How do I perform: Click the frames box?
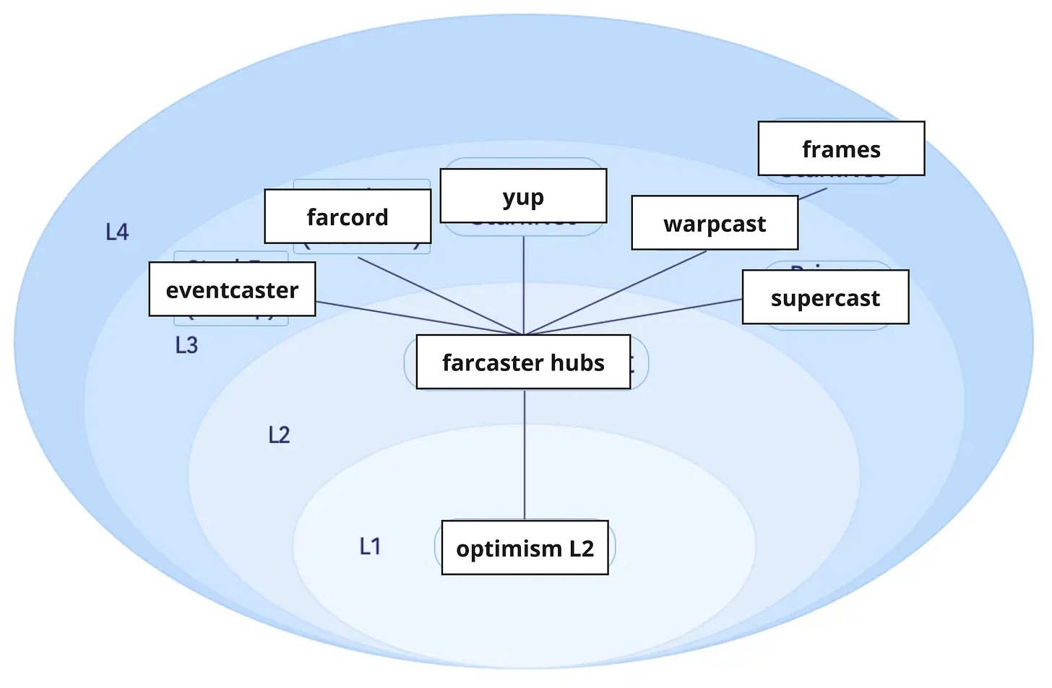click(x=841, y=149)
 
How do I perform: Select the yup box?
click(x=523, y=196)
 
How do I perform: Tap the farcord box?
click(x=348, y=217)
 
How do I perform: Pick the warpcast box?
click(x=715, y=223)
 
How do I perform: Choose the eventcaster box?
click(x=232, y=289)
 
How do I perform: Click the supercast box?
click(x=825, y=297)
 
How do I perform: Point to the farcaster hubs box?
click(x=523, y=362)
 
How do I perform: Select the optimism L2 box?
click(x=525, y=548)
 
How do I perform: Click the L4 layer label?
click(x=117, y=232)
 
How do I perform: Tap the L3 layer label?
click(x=186, y=345)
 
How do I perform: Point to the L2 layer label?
click(x=279, y=435)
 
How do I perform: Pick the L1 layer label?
click(x=370, y=547)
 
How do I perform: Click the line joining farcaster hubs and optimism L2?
click(x=525, y=455)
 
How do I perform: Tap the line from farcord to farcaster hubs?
click(x=441, y=296)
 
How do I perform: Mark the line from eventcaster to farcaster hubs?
click(x=419, y=318)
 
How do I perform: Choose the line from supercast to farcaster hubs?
click(x=636, y=317)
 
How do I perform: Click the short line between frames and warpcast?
click(x=813, y=193)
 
